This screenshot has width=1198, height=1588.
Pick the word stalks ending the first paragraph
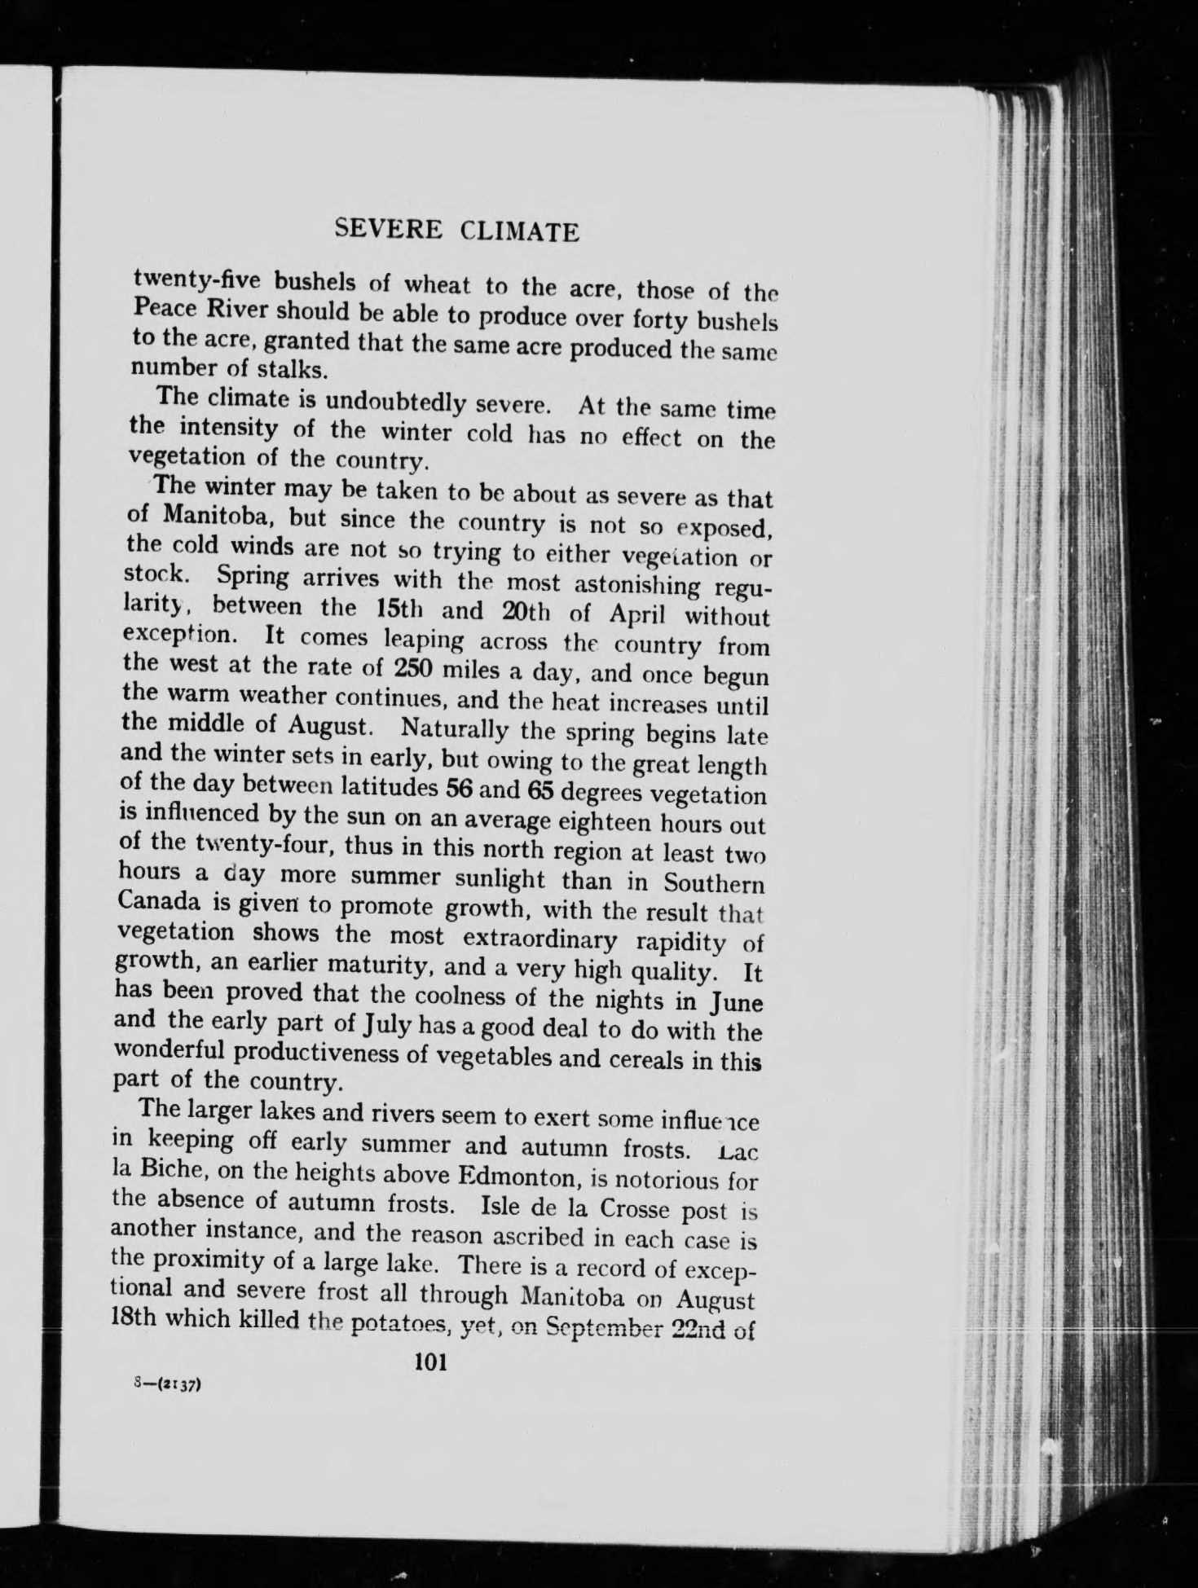pyautogui.click(x=279, y=368)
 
